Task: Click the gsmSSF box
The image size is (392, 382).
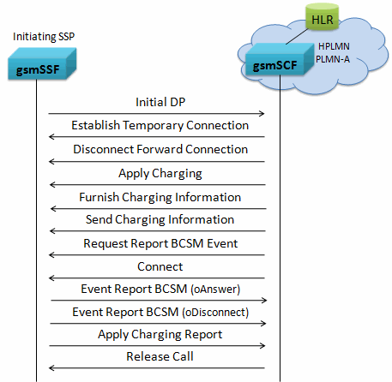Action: pos(42,63)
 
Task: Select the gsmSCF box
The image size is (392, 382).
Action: pos(280,59)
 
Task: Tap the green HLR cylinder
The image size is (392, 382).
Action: pos(322,17)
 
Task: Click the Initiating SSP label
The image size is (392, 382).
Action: pos(44,37)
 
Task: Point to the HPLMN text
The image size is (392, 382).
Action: pos(334,46)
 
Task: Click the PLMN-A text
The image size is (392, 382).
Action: pos(333,59)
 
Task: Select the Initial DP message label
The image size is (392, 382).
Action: pos(160,102)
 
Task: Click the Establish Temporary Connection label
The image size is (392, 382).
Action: pos(160,125)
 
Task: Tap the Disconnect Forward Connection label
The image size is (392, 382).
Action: pos(160,149)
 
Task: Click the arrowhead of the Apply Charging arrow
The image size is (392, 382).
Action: pos(52,185)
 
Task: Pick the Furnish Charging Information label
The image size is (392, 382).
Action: pos(160,197)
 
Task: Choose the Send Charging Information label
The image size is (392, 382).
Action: pos(160,219)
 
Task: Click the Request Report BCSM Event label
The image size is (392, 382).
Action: pos(160,243)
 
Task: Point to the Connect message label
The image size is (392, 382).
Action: pos(160,266)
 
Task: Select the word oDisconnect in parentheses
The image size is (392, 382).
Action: pos(215,312)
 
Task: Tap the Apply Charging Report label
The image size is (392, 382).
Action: pos(160,334)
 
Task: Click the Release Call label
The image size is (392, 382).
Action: pos(160,356)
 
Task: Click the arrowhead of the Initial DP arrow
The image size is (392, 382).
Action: pos(262,114)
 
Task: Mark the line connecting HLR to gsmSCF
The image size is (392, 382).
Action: pos(297,36)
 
